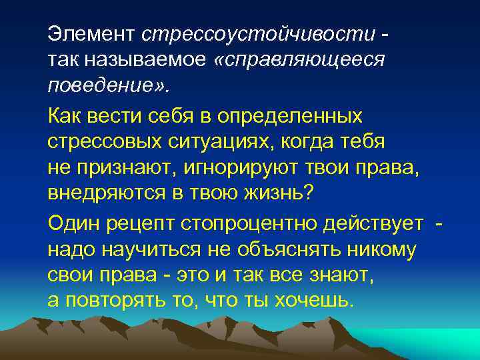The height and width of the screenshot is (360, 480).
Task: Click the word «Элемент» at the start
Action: click(91, 33)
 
